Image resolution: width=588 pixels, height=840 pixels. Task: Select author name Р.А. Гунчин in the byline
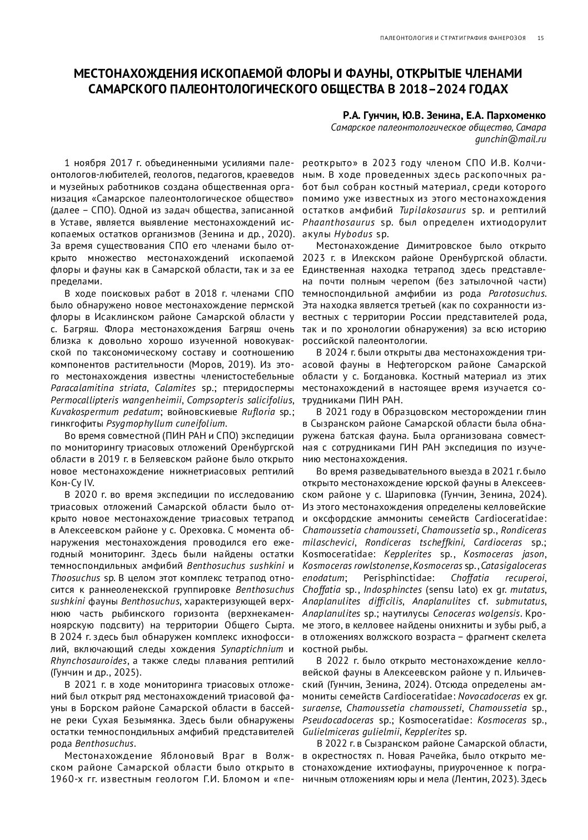pos(367,116)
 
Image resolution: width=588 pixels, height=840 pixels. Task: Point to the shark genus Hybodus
pos(353,234)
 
